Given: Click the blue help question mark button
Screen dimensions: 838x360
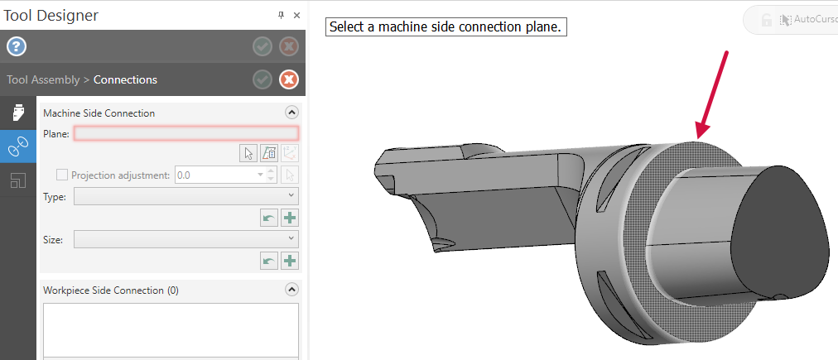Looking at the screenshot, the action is pos(17,47).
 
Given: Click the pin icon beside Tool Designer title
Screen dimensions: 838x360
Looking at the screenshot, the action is pos(281,16).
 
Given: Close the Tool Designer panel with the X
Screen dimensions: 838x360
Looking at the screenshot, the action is pos(297,16).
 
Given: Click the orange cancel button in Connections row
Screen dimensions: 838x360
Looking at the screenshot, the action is pos(289,79).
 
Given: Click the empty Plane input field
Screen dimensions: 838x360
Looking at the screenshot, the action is pos(186,133).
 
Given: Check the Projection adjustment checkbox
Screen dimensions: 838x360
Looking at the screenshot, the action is pos(63,175).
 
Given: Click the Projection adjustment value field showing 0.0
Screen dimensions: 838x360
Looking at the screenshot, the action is pos(220,175).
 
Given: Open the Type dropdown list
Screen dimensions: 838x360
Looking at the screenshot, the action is pos(186,196).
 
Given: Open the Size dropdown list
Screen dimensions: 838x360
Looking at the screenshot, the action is pos(186,238).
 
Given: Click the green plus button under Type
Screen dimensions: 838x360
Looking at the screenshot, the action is pos(290,218).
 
